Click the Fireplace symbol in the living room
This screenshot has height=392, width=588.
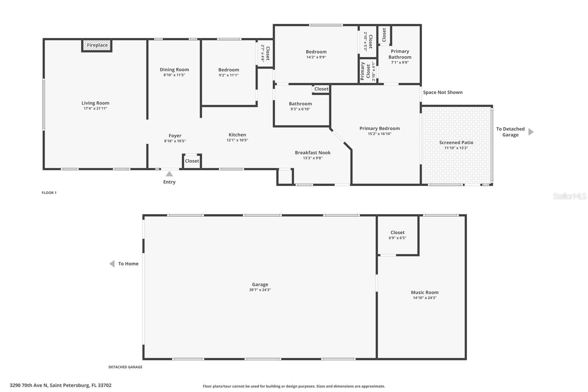click(97, 45)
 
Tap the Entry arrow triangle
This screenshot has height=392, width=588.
click(169, 174)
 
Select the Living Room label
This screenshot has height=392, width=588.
click(95, 103)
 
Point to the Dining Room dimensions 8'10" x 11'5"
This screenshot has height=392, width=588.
click(174, 75)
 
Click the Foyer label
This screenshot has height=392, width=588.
click(175, 136)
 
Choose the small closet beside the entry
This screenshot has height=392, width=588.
click(192, 161)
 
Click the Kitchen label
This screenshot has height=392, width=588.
click(237, 135)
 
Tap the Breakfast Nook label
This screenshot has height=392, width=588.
click(313, 153)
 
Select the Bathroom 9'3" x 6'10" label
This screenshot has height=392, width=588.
click(300, 104)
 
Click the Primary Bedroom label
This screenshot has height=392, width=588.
click(380, 128)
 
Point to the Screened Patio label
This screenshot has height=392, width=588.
click(456, 142)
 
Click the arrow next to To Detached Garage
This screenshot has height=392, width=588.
click(531, 132)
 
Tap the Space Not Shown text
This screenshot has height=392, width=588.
click(442, 92)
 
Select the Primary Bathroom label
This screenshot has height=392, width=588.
click(400, 54)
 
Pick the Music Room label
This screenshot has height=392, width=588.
click(424, 292)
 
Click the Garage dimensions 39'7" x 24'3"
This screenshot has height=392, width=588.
click(260, 290)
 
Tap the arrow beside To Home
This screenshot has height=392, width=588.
click(112, 264)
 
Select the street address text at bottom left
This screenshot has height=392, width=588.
click(61, 385)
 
